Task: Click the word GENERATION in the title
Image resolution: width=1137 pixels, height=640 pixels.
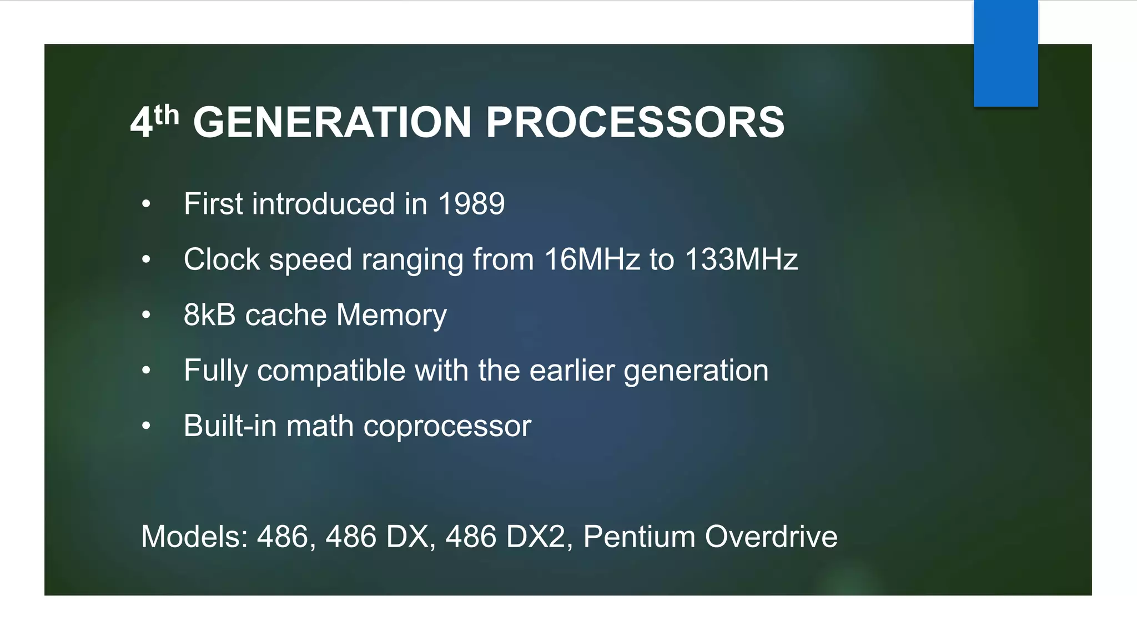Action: (332, 122)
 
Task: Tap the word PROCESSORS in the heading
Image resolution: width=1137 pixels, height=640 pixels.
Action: (635, 122)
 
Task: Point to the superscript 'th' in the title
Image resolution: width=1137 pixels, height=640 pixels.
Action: (167, 116)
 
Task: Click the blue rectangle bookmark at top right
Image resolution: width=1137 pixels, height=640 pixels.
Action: (1005, 53)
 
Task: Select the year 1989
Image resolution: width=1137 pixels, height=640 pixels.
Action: (471, 203)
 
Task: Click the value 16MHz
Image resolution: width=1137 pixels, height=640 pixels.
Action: (592, 259)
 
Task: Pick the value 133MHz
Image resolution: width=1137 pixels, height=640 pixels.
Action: (741, 259)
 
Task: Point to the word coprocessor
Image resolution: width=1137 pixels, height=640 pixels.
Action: (447, 427)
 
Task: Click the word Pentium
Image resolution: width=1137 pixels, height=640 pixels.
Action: (639, 537)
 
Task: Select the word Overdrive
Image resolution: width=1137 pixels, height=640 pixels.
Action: (771, 537)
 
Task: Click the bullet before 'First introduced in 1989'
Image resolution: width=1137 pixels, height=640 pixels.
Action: (146, 204)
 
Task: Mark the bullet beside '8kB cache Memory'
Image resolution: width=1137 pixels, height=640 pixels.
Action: (146, 316)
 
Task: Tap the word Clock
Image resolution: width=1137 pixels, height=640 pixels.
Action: (222, 259)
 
